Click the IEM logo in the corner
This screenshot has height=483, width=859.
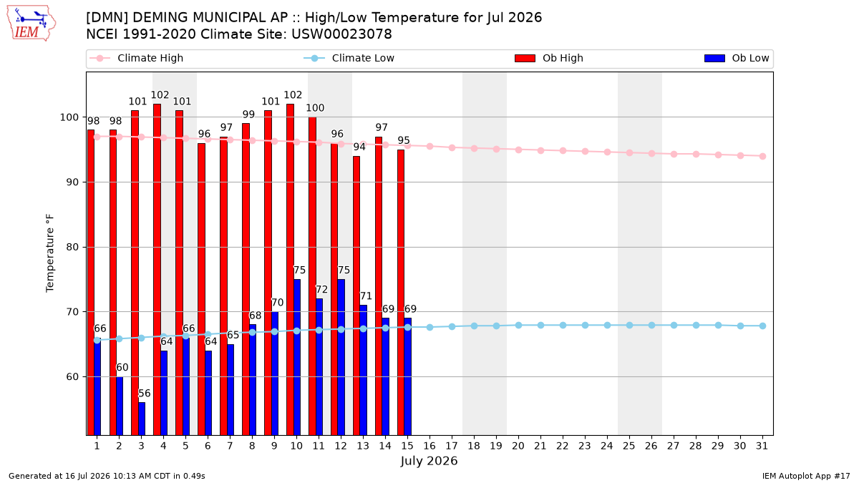[31, 24]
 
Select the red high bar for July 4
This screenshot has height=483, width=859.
[157, 270]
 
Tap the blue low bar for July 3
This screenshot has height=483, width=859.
[142, 419]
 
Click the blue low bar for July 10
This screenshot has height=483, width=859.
[297, 357]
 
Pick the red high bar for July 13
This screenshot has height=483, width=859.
[356, 296]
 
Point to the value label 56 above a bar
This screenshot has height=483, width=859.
[144, 394]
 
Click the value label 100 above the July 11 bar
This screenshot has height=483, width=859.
[315, 108]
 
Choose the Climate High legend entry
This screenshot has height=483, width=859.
[137, 58]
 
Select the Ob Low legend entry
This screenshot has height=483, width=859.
[737, 58]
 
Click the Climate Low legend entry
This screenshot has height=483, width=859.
[349, 58]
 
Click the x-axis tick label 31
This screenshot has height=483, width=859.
[762, 446]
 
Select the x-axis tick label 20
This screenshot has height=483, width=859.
[518, 446]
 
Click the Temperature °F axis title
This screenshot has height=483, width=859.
[50, 253]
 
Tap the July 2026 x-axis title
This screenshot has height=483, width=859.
[429, 461]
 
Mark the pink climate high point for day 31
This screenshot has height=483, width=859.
[762, 157]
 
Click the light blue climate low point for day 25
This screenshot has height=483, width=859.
[629, 325]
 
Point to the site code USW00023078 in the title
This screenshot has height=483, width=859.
[341, 34]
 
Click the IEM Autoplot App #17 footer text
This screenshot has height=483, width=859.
[806, 476]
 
